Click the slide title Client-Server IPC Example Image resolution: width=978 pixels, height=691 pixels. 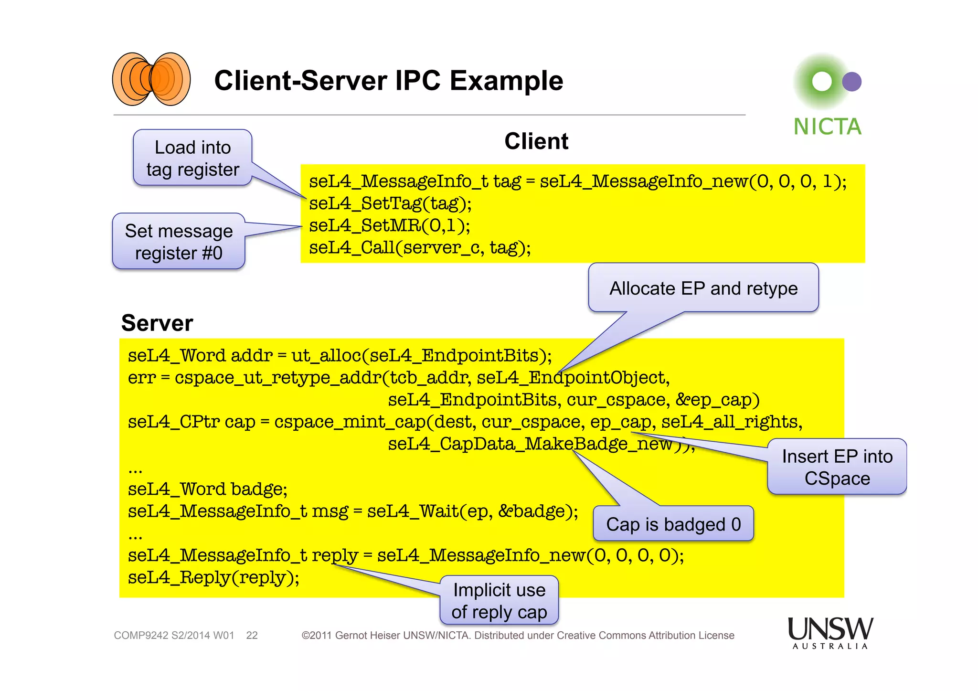(388, 80)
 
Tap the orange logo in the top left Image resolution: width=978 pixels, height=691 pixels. (151, 79)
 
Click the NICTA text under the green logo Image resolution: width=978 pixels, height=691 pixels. (827, 127)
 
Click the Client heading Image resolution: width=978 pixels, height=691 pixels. (536, 141)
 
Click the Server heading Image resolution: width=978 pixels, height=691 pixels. (157, 323)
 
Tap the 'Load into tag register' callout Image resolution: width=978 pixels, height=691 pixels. (192, 158)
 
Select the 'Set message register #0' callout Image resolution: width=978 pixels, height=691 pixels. (179, 242)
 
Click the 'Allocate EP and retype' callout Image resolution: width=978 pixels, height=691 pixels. (703, 288)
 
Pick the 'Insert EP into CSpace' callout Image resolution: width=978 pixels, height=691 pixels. (837, 467)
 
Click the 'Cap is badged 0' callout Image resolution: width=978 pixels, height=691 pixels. (673, 524)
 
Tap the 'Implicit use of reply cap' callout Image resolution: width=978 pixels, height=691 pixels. (499, 601)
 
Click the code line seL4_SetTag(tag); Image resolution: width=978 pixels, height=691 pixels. (390, 203)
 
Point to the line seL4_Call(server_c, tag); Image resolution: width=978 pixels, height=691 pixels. (419, 247)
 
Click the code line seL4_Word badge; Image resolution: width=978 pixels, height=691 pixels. (207, 489)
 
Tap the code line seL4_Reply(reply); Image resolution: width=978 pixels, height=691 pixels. (213, 577)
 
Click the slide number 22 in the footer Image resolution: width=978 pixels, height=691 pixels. (252, 636)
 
